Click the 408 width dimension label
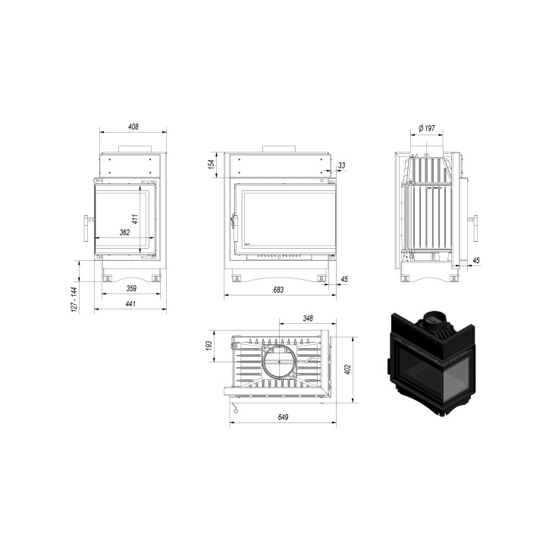tap(133, 127)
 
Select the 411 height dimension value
tap(135, 219)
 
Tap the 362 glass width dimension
tap(124, 232)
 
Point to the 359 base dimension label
tap(131, 288)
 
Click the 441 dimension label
tap(130, 304)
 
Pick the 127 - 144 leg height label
tap(74, 300)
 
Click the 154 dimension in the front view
tap(211, 165)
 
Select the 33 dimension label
tap(342, 165)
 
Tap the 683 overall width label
tap(278, 290)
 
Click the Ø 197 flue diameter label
tap(427, 128)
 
